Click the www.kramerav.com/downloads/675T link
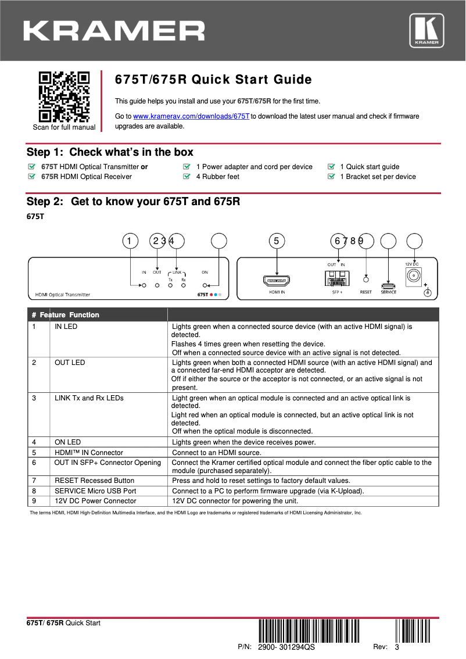tap(191, 116)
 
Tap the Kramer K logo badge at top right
tap(426, 30)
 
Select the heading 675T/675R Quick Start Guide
tap(213, 80)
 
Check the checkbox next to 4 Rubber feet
tap(187, 177)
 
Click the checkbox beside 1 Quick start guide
tap(331, 167)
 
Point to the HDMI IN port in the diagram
tap(277, 281)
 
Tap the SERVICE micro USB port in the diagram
tap(388, 285)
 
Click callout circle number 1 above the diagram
tap(130, 241)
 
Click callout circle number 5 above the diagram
tap(277, 241)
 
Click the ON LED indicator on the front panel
tap(205, 285)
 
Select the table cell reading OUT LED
tap(70, 363)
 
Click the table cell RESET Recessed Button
tap(94, 481)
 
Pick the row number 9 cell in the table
tap(34, 501)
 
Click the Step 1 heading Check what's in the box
tap(110, 152)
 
